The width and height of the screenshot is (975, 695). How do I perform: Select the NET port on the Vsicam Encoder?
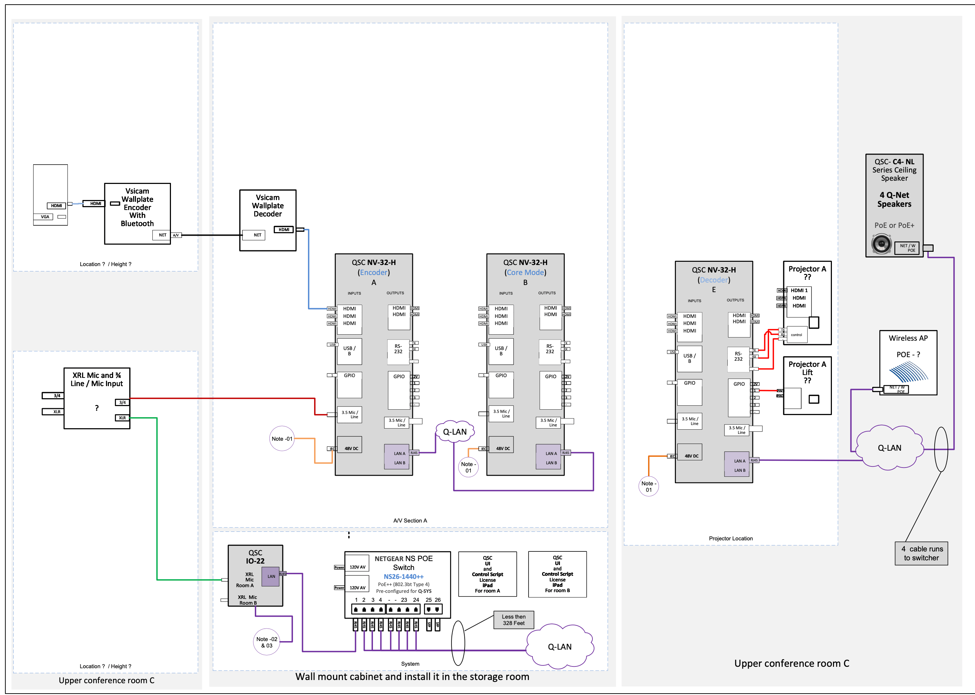162,235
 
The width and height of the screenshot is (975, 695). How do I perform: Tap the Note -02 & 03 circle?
267,642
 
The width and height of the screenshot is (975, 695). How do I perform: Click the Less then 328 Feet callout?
514,620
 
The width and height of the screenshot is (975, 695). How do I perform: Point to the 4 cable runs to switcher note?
921,553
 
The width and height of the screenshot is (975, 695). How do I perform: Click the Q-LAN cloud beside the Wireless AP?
889,447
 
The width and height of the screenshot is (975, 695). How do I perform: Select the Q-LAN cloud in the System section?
559,647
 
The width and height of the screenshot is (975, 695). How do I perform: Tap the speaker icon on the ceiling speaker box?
881,244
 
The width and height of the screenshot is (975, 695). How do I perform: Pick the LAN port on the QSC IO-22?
271,576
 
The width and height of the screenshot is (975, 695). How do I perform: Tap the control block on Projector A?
796,335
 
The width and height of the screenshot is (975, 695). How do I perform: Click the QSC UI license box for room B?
557,574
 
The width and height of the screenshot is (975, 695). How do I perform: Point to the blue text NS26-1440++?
403,576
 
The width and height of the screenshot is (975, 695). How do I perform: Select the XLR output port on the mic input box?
122,418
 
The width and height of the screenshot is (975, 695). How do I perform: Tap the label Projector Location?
731,538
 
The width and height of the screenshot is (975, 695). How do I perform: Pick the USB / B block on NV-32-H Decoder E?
689,359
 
